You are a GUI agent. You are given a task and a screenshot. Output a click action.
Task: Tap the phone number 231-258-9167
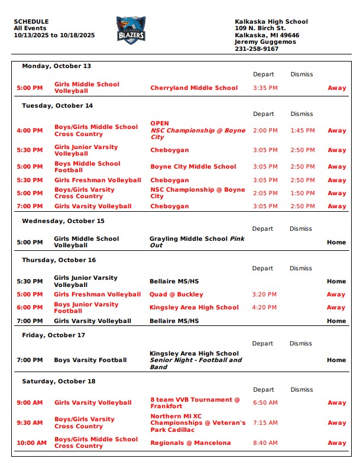click(257, 49)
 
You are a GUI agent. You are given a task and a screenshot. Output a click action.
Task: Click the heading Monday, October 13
click(57, 66)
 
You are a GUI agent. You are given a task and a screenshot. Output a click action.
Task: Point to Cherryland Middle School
click(194, 88)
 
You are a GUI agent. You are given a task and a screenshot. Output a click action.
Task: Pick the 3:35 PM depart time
click(265, 88)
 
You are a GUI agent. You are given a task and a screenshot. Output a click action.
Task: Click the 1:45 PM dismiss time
click(303, 131)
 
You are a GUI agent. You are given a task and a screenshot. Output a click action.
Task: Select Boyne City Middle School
click(193, 167)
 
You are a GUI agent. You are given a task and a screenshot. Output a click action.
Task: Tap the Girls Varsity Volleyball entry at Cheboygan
click(93, 206)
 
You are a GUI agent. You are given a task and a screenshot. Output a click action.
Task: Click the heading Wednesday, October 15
click(63, 221)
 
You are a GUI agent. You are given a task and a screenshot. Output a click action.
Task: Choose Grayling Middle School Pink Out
click(196, 242)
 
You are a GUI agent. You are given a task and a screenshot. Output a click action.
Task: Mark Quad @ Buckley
click(177, 295)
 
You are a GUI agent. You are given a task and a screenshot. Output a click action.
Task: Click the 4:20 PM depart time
click(265, 308)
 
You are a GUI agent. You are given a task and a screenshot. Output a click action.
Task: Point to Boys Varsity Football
click(90, 360)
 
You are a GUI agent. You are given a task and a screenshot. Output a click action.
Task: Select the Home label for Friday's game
click(336, 360)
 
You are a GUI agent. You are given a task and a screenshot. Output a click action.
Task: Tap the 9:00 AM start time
click(30, 403)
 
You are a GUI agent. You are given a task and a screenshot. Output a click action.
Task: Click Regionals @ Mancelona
click(190, 443)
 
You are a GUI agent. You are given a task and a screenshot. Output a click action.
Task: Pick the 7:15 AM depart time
click(265, 423)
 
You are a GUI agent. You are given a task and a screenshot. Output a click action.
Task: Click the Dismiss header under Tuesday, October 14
click(302, 114)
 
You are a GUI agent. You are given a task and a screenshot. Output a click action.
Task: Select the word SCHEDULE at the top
click(31, 22)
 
